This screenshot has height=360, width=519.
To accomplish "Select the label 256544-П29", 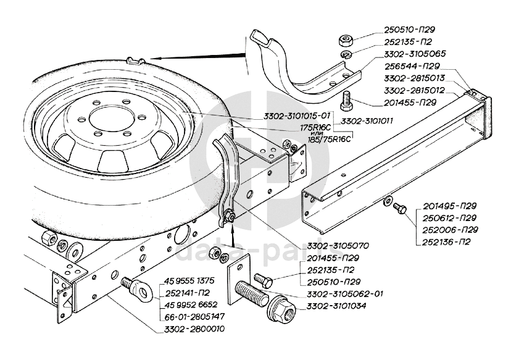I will tap(404, 65).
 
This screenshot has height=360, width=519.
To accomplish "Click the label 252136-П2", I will tap(447, 241).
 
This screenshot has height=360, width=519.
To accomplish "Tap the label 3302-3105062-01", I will tap(343, 293).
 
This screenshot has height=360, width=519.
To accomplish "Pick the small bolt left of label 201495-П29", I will tap(400, 211).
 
